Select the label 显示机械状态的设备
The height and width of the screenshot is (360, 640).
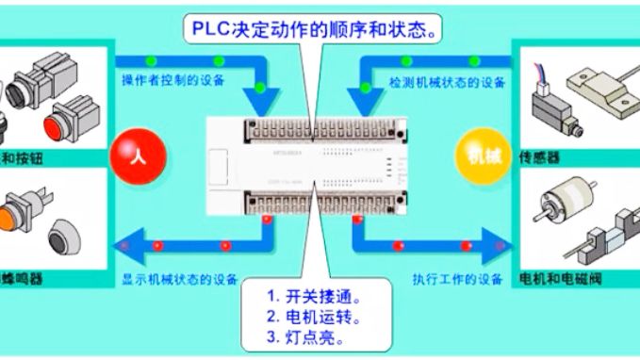point(179,279)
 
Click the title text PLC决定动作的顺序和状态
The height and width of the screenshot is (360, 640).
point(319,30)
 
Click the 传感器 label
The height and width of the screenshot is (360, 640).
point(538,158)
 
